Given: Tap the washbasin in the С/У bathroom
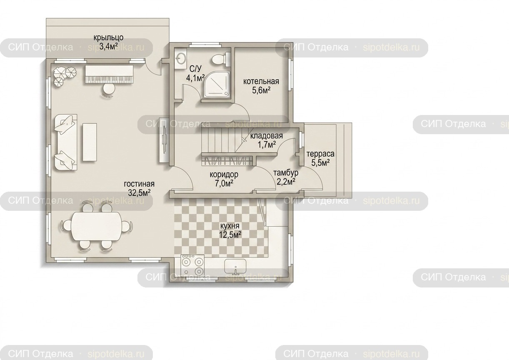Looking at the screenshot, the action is pos(181,59).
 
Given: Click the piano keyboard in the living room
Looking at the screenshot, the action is pos(109,74).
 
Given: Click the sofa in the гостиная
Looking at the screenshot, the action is pos(66,142).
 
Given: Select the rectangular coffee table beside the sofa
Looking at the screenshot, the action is pos(90,142).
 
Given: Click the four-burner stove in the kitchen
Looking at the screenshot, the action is pos(192,265).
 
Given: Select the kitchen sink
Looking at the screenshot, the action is pos(235,266).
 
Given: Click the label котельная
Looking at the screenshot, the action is pos(261,81).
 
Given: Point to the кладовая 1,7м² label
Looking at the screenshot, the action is pos(267,140).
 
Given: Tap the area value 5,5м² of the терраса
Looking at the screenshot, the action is pos(321,163).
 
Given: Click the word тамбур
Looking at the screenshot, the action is pos(286,173).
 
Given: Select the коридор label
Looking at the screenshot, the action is pos(224,174).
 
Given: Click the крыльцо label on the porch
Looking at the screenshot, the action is pos(109,37).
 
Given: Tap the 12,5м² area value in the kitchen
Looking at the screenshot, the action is pos(230,235).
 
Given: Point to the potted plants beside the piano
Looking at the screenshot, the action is pos(65,75).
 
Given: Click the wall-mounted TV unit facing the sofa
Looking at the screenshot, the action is pos(164,140).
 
